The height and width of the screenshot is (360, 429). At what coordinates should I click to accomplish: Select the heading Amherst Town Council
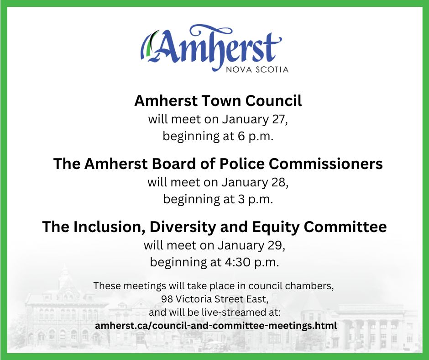click(218, 101)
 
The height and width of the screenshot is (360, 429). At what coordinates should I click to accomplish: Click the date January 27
click(255, 119)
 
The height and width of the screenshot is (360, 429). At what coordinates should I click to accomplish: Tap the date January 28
click(255, 182)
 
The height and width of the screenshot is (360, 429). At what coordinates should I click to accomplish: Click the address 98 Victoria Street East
click(214, 300)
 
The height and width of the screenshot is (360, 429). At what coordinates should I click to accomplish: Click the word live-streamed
click(234, 313)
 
